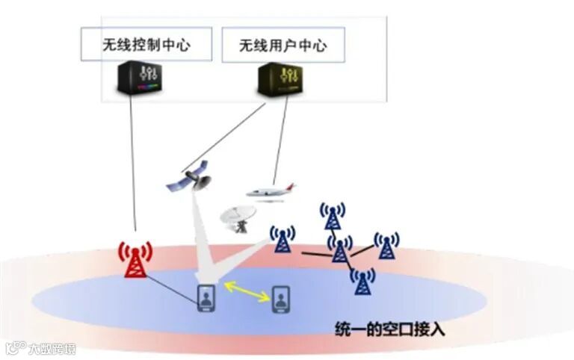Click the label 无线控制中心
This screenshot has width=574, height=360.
click(146, 45)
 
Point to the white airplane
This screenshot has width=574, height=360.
click(271, 191)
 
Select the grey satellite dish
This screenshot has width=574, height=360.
click(238, 217)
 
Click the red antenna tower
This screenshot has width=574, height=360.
click(135, 259)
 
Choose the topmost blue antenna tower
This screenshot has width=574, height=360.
click(332, 215)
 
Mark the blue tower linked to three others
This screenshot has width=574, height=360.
click(340, 249)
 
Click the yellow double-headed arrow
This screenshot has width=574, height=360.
click(244, 291)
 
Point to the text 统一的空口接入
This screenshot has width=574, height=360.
click(389, 328)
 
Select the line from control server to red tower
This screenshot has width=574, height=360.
click(132, 164)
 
